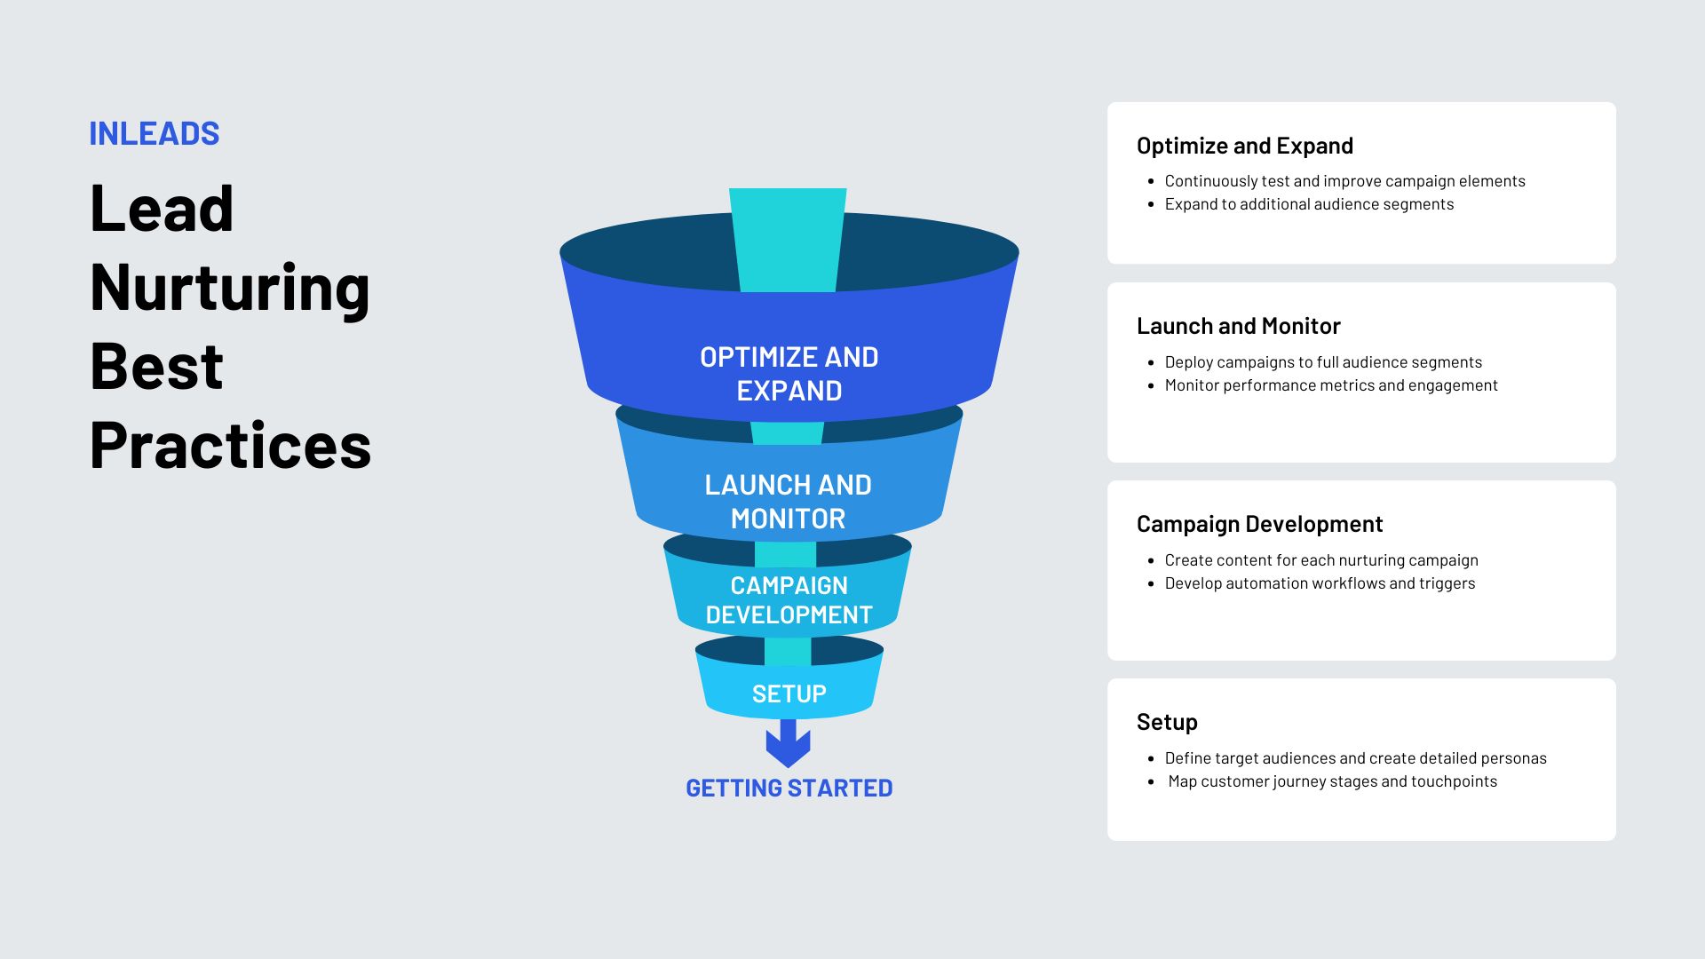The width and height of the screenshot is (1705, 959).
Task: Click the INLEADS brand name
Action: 155,133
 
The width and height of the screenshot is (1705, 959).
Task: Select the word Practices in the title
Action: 231,445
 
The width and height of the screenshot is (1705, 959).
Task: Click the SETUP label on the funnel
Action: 789,693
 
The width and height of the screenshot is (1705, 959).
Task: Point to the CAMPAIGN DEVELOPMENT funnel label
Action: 789,599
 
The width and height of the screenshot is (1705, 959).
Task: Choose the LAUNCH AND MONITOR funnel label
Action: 789,502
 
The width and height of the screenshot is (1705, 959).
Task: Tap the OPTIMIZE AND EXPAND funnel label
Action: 789,374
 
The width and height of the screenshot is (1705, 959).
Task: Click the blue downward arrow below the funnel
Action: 789,743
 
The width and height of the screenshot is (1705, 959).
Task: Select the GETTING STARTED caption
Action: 789,788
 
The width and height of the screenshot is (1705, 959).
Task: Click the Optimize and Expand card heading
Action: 1245,146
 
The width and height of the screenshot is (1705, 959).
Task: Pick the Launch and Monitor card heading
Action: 1239,326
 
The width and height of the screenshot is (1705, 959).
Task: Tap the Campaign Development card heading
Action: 1260,524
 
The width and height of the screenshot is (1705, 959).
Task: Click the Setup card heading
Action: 1167,722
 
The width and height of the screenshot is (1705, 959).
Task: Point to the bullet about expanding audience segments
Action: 1310,204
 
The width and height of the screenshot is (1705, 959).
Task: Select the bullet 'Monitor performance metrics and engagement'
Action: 1331,385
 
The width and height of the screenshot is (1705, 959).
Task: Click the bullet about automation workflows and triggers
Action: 1320,583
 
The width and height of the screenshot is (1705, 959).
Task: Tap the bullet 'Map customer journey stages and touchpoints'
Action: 1333,781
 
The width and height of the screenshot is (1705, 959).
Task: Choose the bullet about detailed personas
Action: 1356,758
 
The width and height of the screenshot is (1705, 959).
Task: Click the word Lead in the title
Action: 162,208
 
